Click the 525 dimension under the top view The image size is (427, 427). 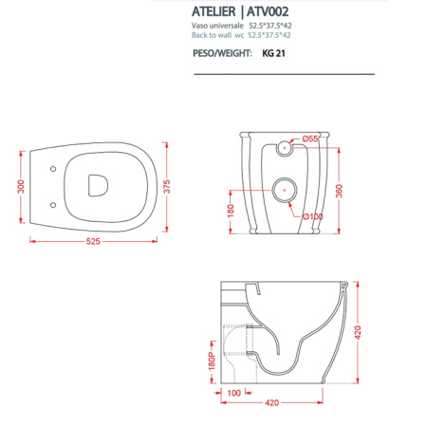(92, 242)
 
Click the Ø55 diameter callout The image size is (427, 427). (310, 140)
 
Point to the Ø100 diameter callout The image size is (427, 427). (311, 216)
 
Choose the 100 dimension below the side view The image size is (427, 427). (233, 393)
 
